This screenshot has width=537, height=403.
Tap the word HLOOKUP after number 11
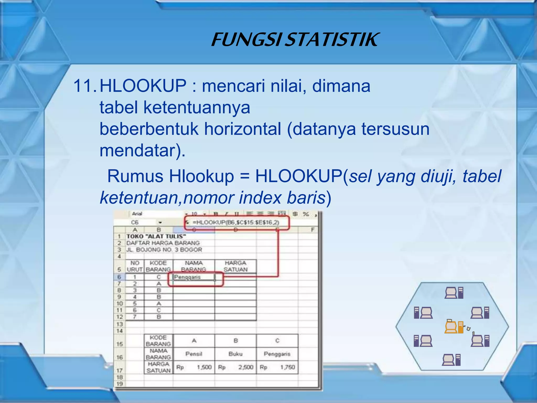143,86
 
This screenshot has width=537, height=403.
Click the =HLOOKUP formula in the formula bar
236,222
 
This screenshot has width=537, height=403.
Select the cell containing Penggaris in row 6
194,277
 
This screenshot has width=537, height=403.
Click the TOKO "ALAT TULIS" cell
156,236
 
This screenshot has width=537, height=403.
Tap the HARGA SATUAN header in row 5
235,266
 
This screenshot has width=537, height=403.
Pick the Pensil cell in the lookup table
194,354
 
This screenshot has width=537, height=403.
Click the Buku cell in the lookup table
235,354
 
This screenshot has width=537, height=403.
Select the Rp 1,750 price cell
277,367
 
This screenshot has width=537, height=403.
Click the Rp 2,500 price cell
235,367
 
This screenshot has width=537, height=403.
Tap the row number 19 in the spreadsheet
120,384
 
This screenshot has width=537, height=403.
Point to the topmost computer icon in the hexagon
454,293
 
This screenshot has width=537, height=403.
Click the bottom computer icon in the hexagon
451,360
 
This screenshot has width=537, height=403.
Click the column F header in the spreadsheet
312,230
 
